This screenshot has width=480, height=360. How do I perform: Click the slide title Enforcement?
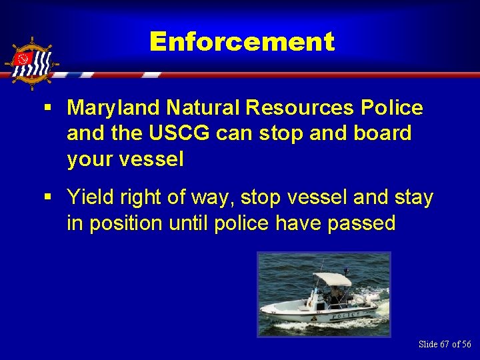tap(241, 42)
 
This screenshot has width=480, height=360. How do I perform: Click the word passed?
tap(362, 223)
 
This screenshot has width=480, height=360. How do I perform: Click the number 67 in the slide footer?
tap(445, 344)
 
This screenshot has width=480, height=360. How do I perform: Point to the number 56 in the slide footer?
tap(465, 344)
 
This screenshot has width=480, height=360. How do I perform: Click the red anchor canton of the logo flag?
tap(24, 61)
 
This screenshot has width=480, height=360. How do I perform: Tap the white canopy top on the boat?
tap(331, 279)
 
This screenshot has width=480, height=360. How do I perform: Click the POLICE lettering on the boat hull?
tap(346, 313)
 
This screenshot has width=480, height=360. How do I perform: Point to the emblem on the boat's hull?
tap(314, 318)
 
